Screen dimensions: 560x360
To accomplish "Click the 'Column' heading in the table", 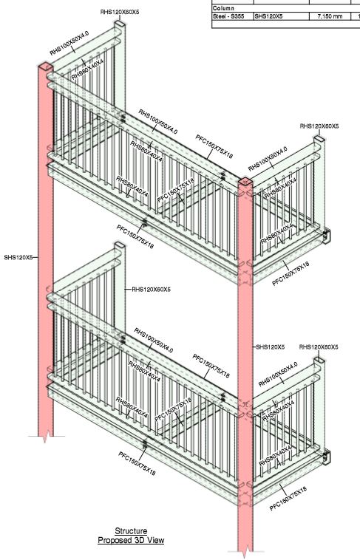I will (x=223, y=8).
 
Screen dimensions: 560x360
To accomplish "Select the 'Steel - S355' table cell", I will (x=231, y=15).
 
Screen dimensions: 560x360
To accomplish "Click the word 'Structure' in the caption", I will (x=130, y=531).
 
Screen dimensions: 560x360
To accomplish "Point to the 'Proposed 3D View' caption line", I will (x=131, y=540).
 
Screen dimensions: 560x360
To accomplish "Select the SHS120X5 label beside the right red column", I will (x=270, y=346).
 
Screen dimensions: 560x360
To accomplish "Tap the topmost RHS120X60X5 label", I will (x=120, y=13).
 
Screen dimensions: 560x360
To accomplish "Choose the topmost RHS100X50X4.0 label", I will (x=69, y=44).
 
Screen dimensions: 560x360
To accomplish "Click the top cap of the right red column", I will (x=245, y=182).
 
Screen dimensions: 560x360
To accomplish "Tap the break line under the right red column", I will (x=246, y=551).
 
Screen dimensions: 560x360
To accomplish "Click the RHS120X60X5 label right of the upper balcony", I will (x=319, y=126).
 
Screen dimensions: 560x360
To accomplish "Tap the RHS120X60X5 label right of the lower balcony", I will (x=319, y=346).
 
